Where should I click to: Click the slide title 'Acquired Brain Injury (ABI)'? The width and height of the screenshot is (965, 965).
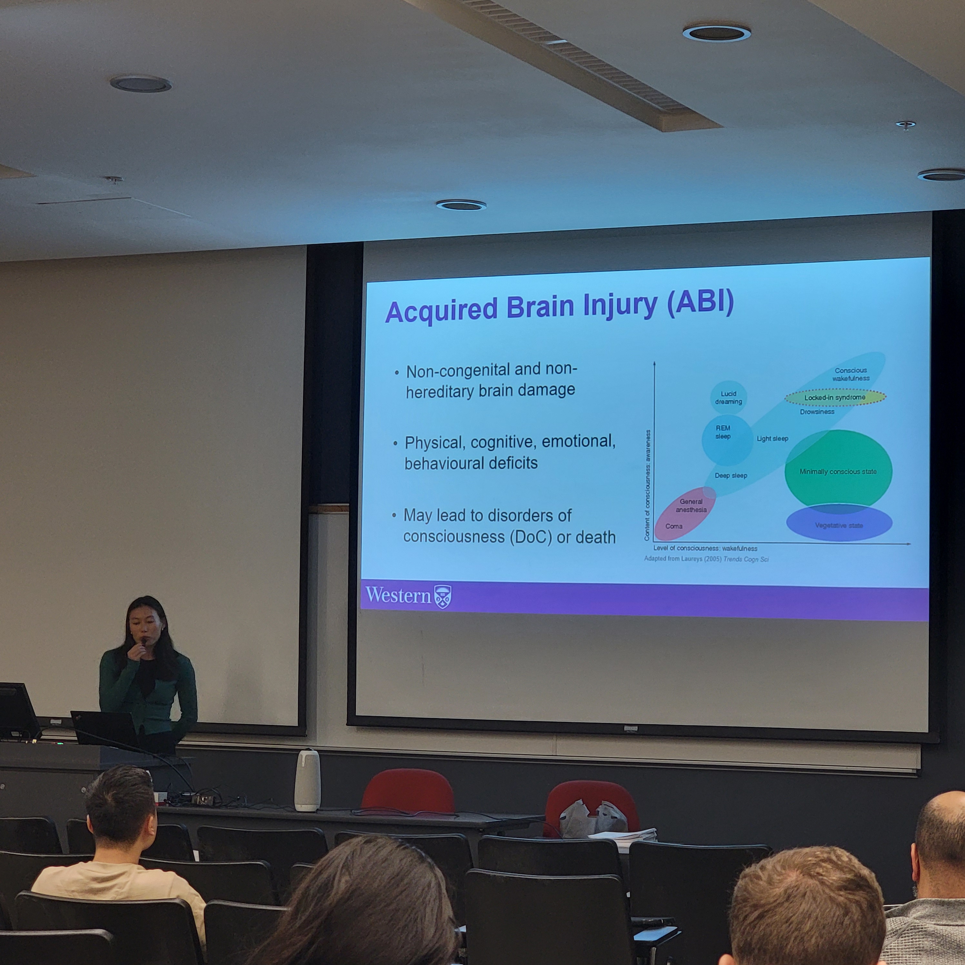pyautogui.click(x=559, y=307)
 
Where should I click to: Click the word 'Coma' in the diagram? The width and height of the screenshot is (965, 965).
pyautogui.click(x=674, y=526)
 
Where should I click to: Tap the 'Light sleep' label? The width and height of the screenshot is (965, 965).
pyautogui.click(x=772, y=439)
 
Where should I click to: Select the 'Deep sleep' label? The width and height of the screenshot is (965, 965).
pyautogui.click(x=731, y=475)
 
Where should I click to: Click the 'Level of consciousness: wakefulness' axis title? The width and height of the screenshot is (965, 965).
pyautogui.click(x=705, y=548)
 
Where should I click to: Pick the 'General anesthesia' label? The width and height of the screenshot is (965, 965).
pyautogui.click(x=691, y=505)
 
